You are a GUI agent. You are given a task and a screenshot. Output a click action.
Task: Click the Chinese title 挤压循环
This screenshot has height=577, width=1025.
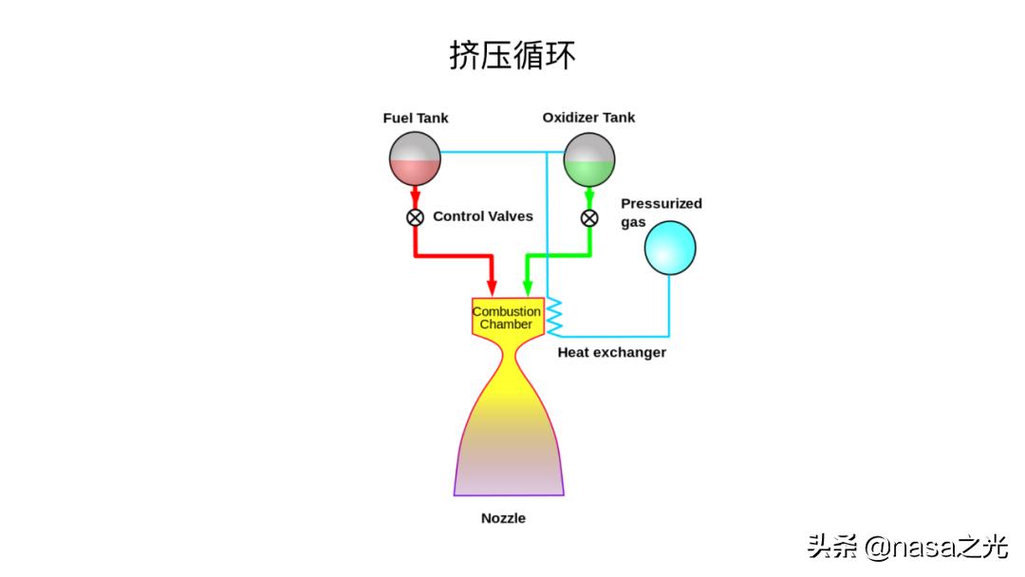click(x=512, y=55)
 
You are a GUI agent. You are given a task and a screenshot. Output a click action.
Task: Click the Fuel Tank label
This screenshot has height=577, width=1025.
click(x=416, y=119)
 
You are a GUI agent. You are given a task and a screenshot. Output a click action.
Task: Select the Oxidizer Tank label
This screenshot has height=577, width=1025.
click(x=588, y=118)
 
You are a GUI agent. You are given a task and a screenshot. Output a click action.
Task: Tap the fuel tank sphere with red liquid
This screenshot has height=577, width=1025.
click(x=415, y=158)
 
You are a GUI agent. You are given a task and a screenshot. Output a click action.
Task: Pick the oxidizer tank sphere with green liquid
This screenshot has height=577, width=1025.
click(x=589, y=158)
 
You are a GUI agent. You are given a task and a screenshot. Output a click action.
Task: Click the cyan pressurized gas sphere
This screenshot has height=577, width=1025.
click(x=670, y=247)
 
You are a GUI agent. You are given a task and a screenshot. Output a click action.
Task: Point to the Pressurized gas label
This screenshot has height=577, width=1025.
click(x=661, y=213)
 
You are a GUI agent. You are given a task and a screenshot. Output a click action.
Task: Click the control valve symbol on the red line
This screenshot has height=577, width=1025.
click(x=415, y=217)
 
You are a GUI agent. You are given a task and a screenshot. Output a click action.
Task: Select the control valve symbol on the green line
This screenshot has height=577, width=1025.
click(x=589, y=218)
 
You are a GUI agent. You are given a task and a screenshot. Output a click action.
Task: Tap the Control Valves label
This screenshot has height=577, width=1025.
click(x=483, y=216)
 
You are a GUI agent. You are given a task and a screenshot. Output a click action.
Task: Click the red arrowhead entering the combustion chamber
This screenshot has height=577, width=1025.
click(x=492, y=287)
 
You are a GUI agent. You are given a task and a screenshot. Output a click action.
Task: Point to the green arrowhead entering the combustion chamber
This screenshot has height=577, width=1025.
click(x=527, y=287)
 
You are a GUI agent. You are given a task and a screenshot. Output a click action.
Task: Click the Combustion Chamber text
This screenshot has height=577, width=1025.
click(x=507, y=318)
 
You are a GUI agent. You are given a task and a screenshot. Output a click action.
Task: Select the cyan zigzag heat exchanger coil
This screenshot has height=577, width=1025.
click(x=554, y=314)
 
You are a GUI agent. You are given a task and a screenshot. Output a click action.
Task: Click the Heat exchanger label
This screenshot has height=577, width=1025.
click(x=611, y=353)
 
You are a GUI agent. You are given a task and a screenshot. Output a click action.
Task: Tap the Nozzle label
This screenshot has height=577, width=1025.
click(x=503, y=518)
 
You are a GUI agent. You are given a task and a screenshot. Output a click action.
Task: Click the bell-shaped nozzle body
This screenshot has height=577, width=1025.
click(x=509, y=437)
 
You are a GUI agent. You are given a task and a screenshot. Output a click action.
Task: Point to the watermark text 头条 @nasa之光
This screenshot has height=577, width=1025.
click(x=906, y=547)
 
